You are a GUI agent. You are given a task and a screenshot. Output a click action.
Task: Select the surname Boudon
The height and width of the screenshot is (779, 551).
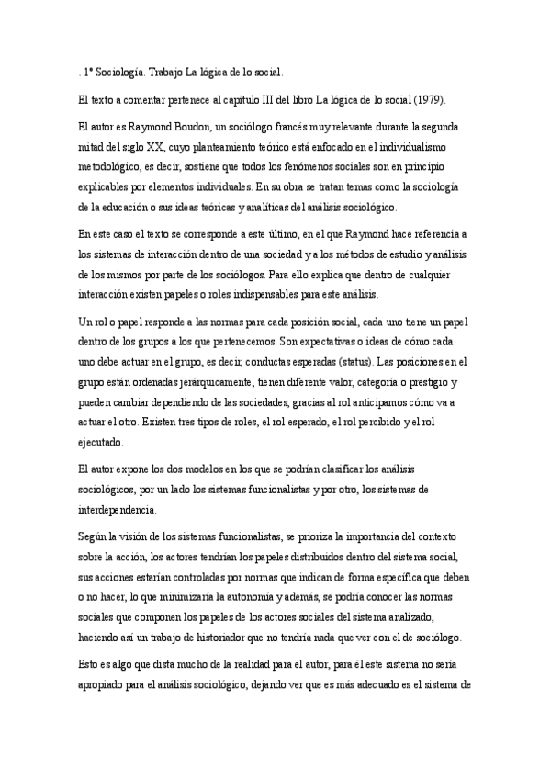191,125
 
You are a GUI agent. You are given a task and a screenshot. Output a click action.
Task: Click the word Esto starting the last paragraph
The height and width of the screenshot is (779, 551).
92,662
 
